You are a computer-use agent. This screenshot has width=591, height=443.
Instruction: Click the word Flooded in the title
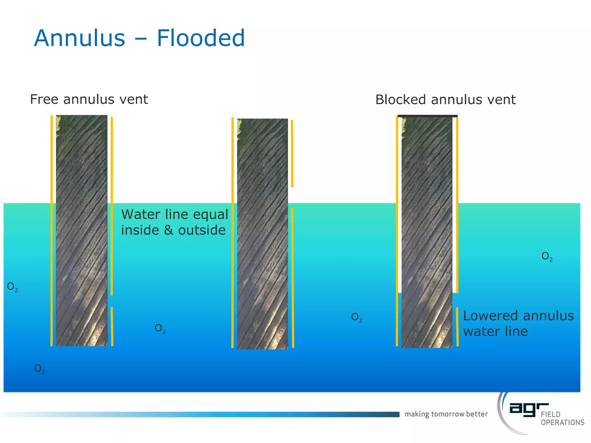201,38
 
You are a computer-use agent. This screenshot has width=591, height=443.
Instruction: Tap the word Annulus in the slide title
80,38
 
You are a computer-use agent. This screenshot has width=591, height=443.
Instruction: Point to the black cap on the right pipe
427,116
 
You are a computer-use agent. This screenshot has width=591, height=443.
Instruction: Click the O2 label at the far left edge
12,287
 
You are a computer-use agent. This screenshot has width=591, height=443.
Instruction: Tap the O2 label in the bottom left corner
40,369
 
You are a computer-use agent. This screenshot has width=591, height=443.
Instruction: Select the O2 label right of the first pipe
160,328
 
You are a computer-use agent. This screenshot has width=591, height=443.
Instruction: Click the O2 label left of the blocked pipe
357,317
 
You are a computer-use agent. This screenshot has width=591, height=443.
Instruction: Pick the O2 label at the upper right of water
547,256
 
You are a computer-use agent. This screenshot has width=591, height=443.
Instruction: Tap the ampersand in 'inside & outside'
169,230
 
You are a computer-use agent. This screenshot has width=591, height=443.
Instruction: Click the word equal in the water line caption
211,215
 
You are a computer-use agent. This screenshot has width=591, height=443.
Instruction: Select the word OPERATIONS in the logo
562,423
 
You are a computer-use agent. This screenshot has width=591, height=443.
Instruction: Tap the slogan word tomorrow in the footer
448,414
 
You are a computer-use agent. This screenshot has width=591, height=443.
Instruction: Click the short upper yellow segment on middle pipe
292,153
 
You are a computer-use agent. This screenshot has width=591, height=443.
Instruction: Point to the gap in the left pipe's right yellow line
112,301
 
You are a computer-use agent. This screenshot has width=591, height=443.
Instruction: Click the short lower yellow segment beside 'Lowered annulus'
457,326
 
